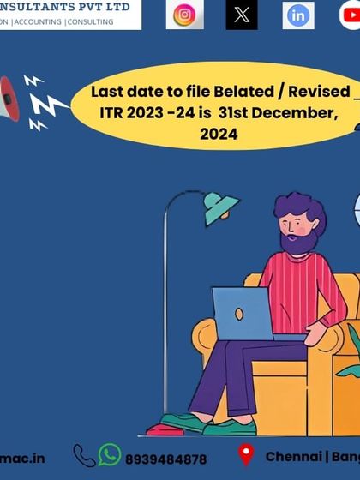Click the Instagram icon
(x=184, y=15)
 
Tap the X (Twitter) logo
(x=242, y=15)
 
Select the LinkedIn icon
(x=298, y=15)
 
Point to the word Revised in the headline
(x=316, y=91)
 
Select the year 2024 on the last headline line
(x=219, y=135)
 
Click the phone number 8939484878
(x=165, y=459)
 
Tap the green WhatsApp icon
(x=110, y=454)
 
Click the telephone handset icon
(x=84, y=455)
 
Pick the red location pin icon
(x=246, y=455)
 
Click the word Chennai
(x=292, y=457)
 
